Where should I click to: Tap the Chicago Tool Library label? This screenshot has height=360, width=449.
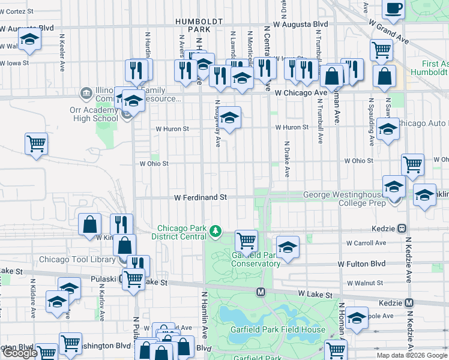[77, 260]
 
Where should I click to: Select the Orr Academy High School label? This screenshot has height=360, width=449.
[89, 114]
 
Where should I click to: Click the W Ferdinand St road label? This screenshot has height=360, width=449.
[200, 197]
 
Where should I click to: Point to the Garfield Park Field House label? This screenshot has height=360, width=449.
[278, 329]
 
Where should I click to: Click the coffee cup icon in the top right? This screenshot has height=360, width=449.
[393, 8]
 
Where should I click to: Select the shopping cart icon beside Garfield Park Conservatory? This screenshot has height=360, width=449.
[246, 241]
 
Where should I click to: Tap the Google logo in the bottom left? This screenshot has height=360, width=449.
[19, 353]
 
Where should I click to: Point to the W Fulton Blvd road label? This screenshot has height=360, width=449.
[361, 264]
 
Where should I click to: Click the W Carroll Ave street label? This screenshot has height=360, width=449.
[366, 243]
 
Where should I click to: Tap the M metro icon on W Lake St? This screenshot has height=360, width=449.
[261, 292]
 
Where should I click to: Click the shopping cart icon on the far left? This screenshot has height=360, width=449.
[36, 143]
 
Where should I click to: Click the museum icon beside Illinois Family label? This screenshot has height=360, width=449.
[85, 93]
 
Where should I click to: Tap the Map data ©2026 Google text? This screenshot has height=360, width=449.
[412, 355]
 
